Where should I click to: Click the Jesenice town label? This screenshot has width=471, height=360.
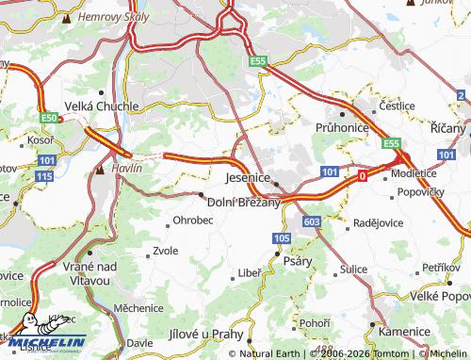[249, 177]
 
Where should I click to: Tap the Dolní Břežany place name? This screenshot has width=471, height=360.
[243, 202]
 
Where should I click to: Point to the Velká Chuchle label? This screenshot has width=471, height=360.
[101, 107]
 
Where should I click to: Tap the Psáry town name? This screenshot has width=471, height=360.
[299, 261]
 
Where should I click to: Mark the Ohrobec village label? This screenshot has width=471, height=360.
[192, 221]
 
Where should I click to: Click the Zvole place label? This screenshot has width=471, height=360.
[165, 252]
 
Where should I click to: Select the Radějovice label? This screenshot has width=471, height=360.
[377, 222]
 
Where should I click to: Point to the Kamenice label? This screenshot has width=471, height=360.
[404, 333]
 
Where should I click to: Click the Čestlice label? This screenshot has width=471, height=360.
[397, 106]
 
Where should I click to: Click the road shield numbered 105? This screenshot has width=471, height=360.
[281, 240]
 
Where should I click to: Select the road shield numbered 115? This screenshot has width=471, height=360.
[44, 176]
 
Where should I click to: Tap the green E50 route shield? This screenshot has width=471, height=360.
[50, 118]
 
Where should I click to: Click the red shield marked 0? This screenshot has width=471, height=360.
[362, 175]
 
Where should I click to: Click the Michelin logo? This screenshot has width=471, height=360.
[43, 340]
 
